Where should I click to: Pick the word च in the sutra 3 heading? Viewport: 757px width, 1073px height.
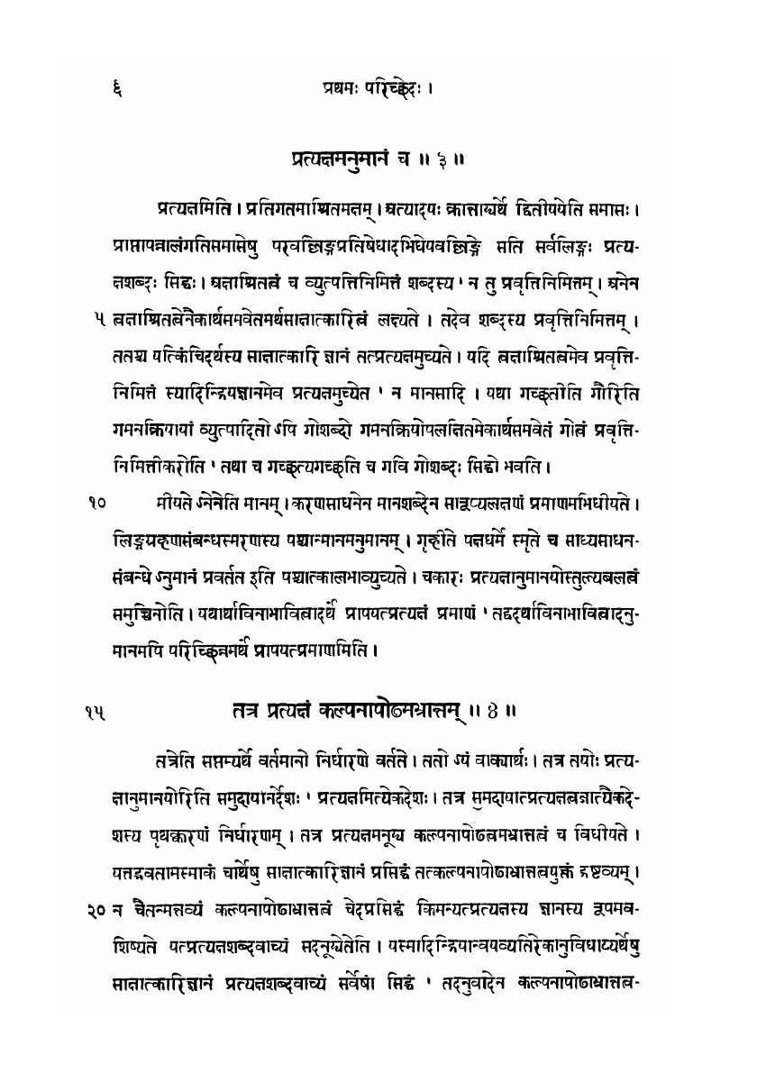pyautogui.click(x=406, y=162)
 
